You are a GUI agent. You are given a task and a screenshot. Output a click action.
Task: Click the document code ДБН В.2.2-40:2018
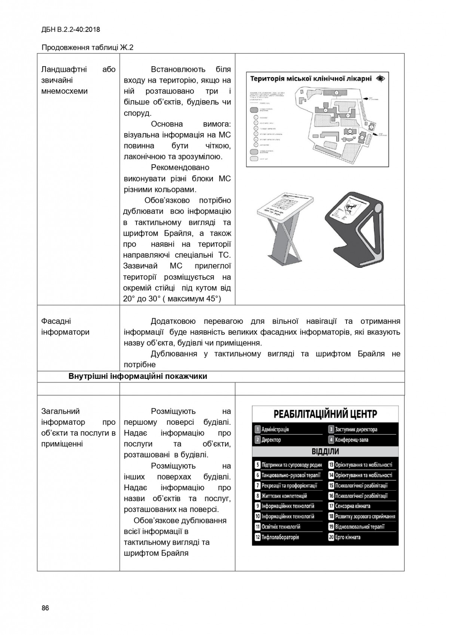pyautogui.click(x=71, y=30)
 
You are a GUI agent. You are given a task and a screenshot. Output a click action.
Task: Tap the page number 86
pyautogui.click(x=45, y=608)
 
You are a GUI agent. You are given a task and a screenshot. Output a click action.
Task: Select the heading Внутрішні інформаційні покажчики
pyautogui.click(x=138, y=376)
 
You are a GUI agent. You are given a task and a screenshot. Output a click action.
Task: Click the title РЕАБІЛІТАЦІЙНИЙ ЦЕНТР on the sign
pyautogui.click(x=325, y=414)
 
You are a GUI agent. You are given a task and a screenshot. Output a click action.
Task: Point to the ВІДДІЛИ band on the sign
pyautogui.click(x=325, y=451)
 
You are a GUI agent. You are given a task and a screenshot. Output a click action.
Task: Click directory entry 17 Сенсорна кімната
pyautogui.click(x=349, y=506)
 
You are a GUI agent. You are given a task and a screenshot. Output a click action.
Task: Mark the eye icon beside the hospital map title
pyautogui.click(x=381, y=79)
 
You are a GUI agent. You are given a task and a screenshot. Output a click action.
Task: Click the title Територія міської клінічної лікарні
pyautogui.click(x=311, y=79)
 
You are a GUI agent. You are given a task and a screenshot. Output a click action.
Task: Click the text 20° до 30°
pyautogui.click(x=143, y=299)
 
